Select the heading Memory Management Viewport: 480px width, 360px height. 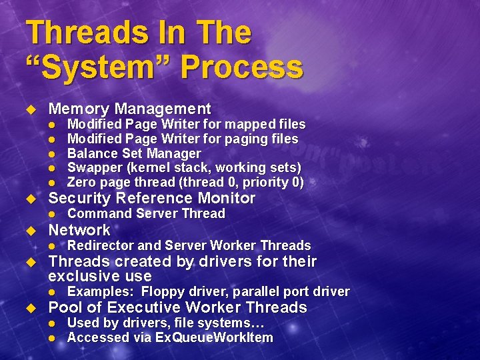[130, 109]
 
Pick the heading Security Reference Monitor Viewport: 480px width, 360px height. [152, 198]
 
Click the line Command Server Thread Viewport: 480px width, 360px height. [146, 214]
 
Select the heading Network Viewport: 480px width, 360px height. [79, 230]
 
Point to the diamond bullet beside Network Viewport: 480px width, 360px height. [29, 231]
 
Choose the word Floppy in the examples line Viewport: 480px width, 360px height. [163, 292]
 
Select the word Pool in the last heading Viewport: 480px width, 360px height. [65, 307]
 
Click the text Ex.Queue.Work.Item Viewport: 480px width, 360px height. [214, 337]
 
